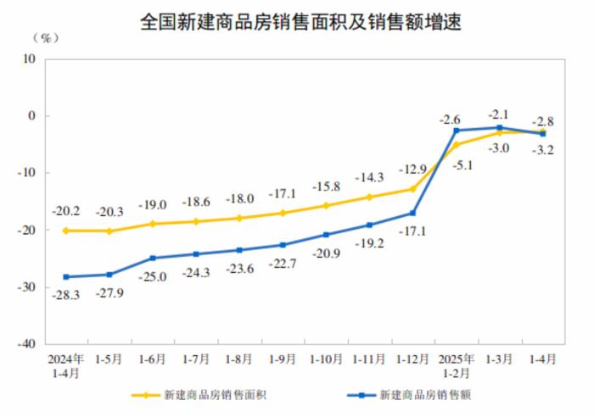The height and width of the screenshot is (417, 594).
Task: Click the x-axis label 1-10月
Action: coord(325,359)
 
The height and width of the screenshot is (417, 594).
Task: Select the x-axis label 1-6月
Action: coord(153,359)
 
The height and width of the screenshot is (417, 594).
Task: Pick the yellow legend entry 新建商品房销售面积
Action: coord(208,395)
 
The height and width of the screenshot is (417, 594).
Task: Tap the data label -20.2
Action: coord(65,212)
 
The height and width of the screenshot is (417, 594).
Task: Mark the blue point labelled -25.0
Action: coord(153,258)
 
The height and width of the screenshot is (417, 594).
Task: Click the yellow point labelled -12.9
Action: coord(413,188)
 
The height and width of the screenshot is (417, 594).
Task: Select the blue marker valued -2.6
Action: coord(457,131)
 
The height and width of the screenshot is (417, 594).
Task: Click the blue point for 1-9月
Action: coord(283,245)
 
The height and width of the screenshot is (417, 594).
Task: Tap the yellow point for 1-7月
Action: coord(196,222)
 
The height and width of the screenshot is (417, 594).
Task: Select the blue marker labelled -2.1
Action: coord(500,127)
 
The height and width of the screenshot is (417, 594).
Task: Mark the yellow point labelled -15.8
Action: coord(326,205)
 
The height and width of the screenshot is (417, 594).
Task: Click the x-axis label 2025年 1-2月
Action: coord(456,365)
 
